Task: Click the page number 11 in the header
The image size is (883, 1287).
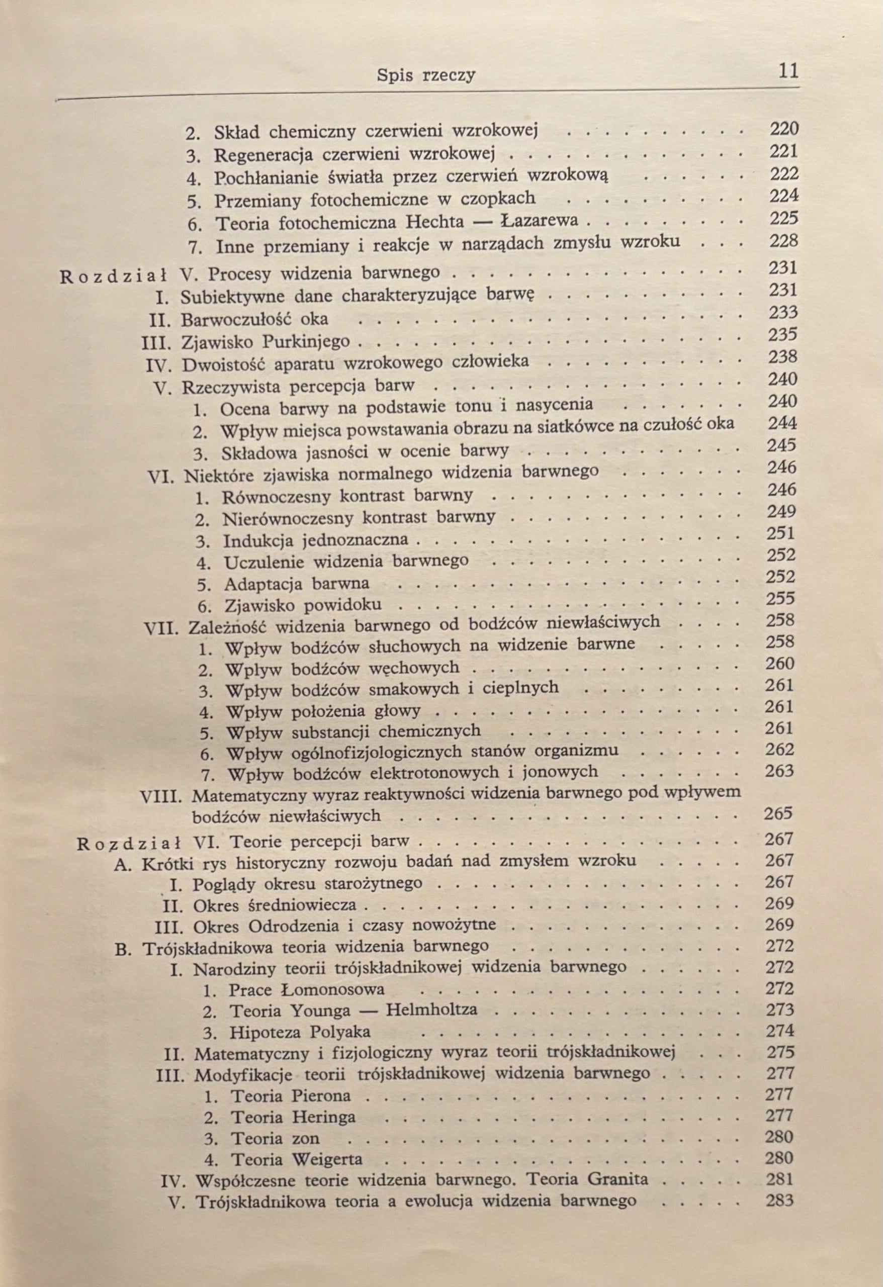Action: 788,72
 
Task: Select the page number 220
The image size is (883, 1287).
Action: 784,129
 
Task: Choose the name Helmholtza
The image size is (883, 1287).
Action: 431,1009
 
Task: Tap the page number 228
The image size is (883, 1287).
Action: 784,241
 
